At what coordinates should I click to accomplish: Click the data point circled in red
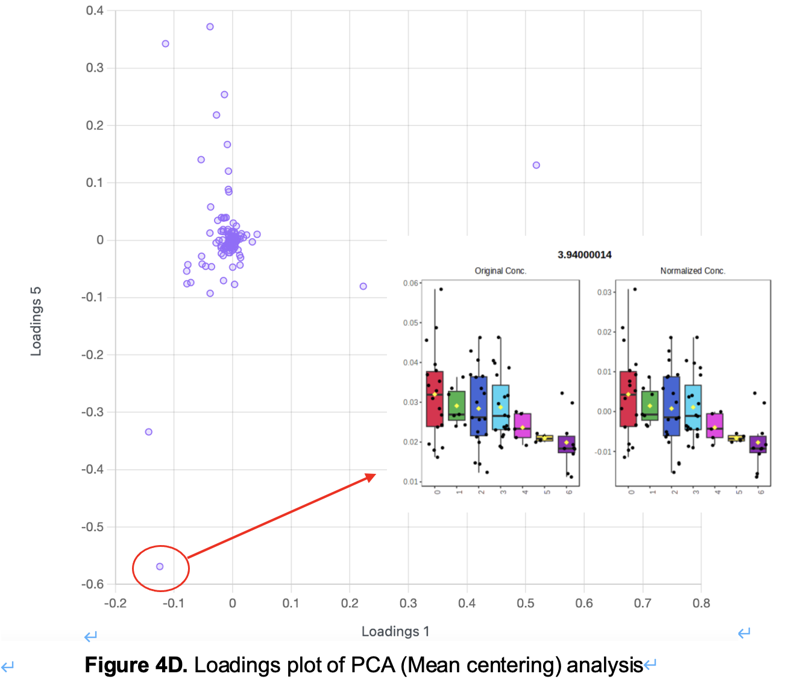coord(160,566)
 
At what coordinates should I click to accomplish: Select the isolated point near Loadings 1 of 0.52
coord(536,165)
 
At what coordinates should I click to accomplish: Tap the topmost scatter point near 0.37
coord(210,27)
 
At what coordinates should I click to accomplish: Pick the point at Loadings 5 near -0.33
coord(149,432)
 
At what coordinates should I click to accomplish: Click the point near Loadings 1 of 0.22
coord(363,286)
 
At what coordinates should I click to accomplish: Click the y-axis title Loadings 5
coord(36,321)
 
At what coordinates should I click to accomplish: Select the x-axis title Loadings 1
coord(395,631)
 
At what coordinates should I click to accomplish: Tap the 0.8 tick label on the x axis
coord(701,603)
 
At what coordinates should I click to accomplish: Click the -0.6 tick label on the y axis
coord(93,584)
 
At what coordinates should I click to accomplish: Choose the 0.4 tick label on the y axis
coord(95,11)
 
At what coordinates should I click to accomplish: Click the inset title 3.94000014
coord(584,255)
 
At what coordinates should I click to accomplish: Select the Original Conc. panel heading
coord(500,271)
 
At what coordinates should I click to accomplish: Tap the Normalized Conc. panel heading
coord(693,271)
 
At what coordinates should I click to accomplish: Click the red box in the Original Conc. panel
coord(435,399)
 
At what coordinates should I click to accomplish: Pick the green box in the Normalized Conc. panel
coord(650,406)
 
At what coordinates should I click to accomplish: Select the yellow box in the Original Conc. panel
coord(545,438)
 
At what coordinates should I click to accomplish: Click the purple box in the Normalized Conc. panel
coord(758,444)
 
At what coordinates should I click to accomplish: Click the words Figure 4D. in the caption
coord(136,665)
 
